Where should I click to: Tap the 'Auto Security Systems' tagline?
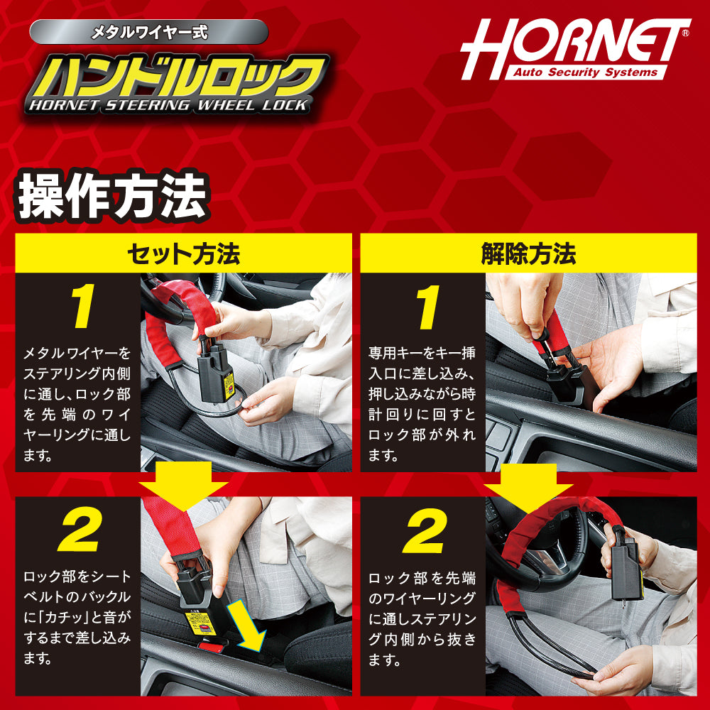[586, 72]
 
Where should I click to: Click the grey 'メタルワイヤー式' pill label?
[149, 32]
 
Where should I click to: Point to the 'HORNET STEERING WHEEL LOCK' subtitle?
[168, 106]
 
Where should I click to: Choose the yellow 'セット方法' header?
[183, 253]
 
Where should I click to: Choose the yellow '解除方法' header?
[528, 253]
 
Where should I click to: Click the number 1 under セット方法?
[82, 307]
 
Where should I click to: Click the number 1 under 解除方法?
[427, 307]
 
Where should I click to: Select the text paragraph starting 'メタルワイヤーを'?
[77, 404]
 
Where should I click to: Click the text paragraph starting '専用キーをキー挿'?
[422, 404]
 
